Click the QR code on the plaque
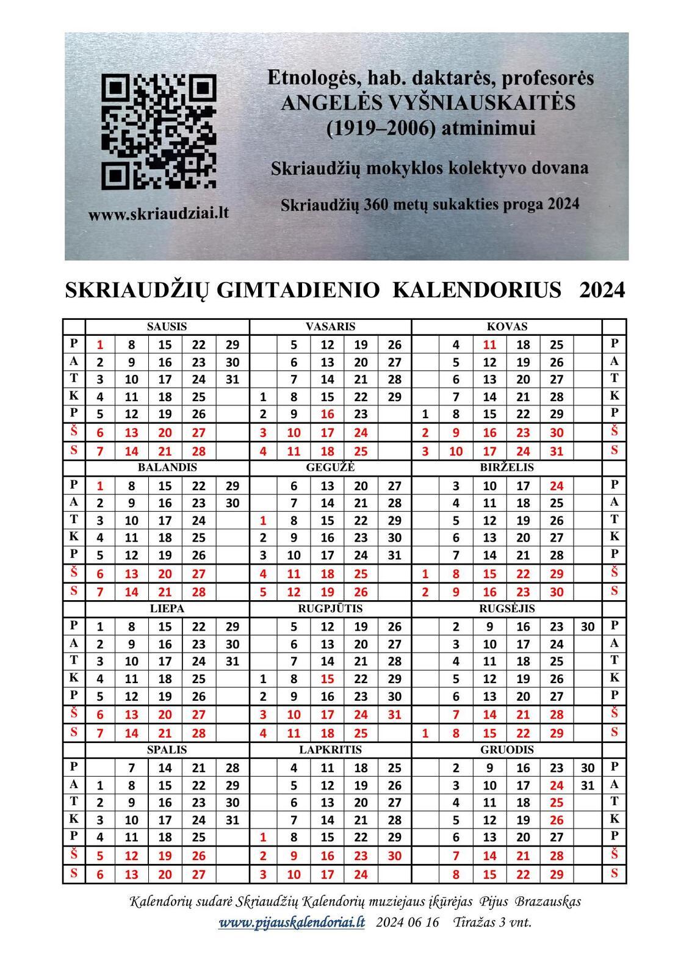click(159, 131)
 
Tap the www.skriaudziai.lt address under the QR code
click(159, 214)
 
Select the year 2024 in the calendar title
click(602, 289)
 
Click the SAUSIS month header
click(167, 327)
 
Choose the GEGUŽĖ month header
click(330, 468)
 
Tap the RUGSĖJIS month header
click(506, 609)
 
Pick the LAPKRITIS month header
click(330, 750)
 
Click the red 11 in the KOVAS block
click(489, 344)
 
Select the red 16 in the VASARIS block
click(327, 414)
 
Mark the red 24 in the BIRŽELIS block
click(556, 486)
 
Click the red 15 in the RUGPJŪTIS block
click(327, 678)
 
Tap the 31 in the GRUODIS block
click(587, 786)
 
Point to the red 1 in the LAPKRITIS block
click(262, 838)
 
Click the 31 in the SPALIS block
click(232, 820)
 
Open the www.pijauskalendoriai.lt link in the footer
click(292, 922)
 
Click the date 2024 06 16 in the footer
click(408, 922)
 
